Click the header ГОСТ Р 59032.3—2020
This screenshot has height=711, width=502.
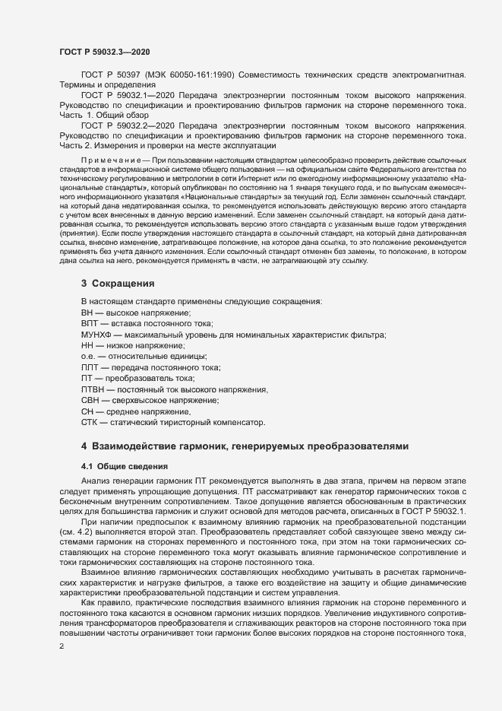click(x=98, y=52)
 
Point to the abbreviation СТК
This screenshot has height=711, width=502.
click(x=90, y=421)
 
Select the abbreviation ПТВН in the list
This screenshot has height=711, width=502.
click(x=93, y=389)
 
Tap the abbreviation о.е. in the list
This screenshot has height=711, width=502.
click(x=88, y=357)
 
